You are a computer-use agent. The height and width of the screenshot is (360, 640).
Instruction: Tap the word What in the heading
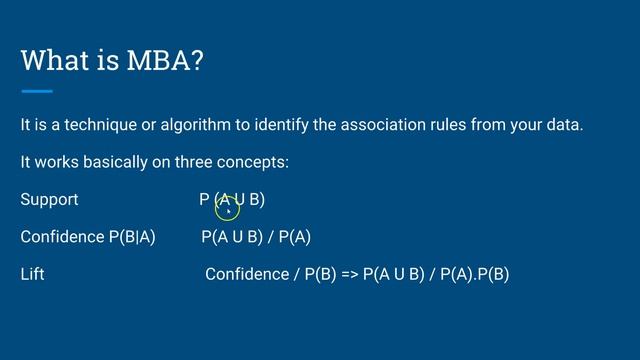[x=59, y=60]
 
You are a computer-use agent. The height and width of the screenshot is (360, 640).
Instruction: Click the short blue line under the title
[x=36, y=91]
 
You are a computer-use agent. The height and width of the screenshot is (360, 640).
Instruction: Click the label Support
[x=49, y=199]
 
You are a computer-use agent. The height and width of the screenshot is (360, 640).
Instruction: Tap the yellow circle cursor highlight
[x=227, y=205]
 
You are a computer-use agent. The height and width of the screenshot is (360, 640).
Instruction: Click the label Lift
[x=32, y=273]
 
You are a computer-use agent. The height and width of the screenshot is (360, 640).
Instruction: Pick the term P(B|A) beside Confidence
[x=132, y=237]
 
